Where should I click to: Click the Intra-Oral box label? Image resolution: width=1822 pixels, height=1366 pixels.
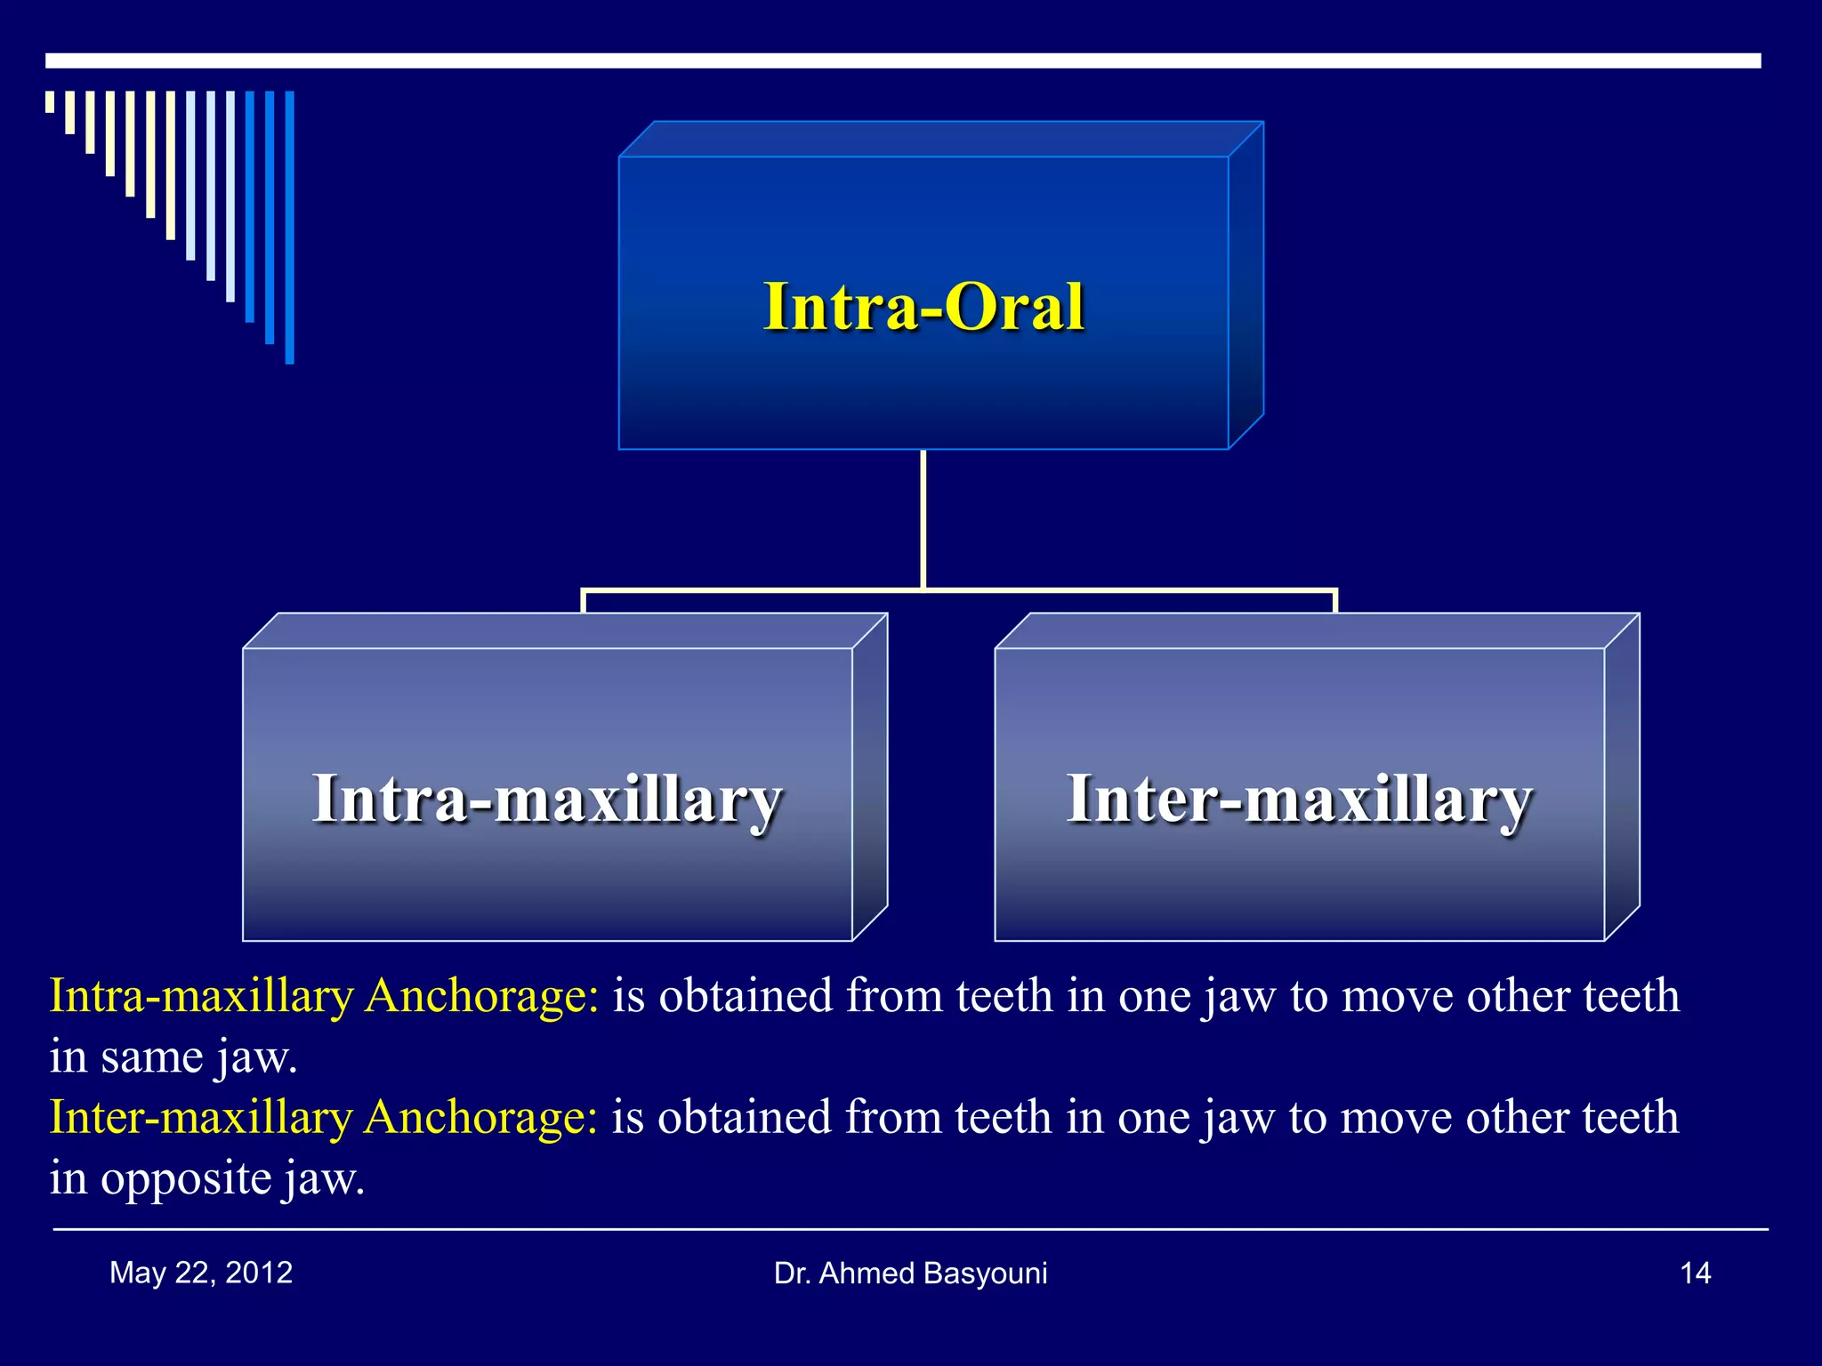click(923, 307)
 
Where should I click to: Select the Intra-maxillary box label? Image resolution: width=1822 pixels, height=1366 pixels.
click(547, 799)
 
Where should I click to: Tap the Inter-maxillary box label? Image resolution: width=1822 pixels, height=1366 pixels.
click(1299, 799)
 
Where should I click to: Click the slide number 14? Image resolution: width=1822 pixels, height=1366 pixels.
click(1695, 1274)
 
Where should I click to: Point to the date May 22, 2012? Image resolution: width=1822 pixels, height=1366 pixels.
click(201, 1273)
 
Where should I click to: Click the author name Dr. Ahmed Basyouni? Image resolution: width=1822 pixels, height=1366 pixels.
click(910, 1274)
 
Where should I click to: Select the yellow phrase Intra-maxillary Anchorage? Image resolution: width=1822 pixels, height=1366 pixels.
click(325, 995)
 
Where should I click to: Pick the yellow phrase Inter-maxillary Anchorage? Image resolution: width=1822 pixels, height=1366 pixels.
click(324, 1117)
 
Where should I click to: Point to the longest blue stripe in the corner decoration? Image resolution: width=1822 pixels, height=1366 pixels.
click(289, 227)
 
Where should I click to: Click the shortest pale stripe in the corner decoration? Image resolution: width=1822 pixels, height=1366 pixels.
click(50, 101)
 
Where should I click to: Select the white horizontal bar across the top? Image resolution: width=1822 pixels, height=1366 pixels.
click(903, 60)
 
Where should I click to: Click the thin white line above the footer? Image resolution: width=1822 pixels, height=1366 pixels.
click(910, 1229)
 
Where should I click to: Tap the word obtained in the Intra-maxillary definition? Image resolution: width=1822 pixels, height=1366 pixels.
click(745, 995)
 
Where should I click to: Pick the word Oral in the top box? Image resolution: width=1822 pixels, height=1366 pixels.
click(1014, 307)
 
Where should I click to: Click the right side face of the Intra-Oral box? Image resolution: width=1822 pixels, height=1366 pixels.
click(1246, 285)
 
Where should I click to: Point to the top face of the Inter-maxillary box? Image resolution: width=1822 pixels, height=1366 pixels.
click(1317, 631)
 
